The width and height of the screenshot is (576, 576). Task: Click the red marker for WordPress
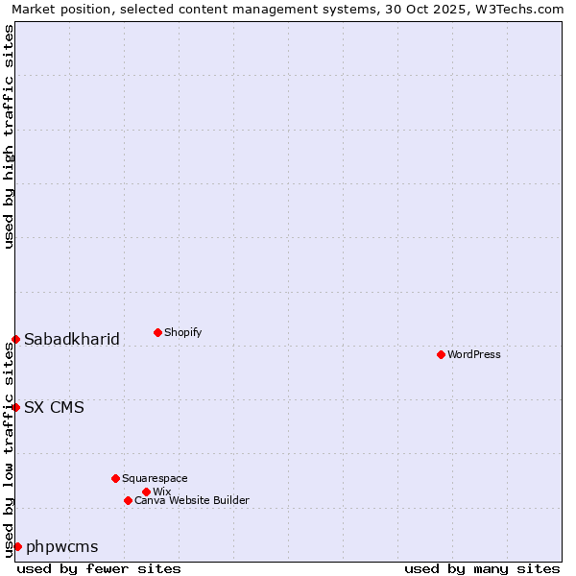[441, 354]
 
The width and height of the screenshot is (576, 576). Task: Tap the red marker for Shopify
[157, 332]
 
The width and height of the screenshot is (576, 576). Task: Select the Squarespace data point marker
[115, 478]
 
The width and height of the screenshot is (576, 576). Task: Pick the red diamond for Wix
[146, 492]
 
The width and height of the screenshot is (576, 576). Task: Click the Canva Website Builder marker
[128, 500]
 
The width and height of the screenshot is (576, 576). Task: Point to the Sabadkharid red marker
[15, 339]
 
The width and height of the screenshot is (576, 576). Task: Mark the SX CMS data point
[15, 407]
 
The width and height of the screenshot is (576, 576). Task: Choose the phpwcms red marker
[17, 546]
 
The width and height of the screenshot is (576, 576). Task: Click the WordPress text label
[474, 354]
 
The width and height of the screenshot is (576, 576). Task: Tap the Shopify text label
[183, 332]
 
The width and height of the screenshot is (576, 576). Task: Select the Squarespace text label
[155, 478]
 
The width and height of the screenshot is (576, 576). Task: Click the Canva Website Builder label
[192, 500]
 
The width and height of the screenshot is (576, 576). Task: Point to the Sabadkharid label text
[72, 339]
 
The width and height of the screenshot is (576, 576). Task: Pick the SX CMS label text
[54, 407]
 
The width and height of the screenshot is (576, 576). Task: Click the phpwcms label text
[62, 546]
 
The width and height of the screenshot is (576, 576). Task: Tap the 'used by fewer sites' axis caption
[99, 568]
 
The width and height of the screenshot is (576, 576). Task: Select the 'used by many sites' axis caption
[482, 568]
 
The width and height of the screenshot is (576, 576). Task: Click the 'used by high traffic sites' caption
[9, 137]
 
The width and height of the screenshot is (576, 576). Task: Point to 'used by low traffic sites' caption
[9, 448]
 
